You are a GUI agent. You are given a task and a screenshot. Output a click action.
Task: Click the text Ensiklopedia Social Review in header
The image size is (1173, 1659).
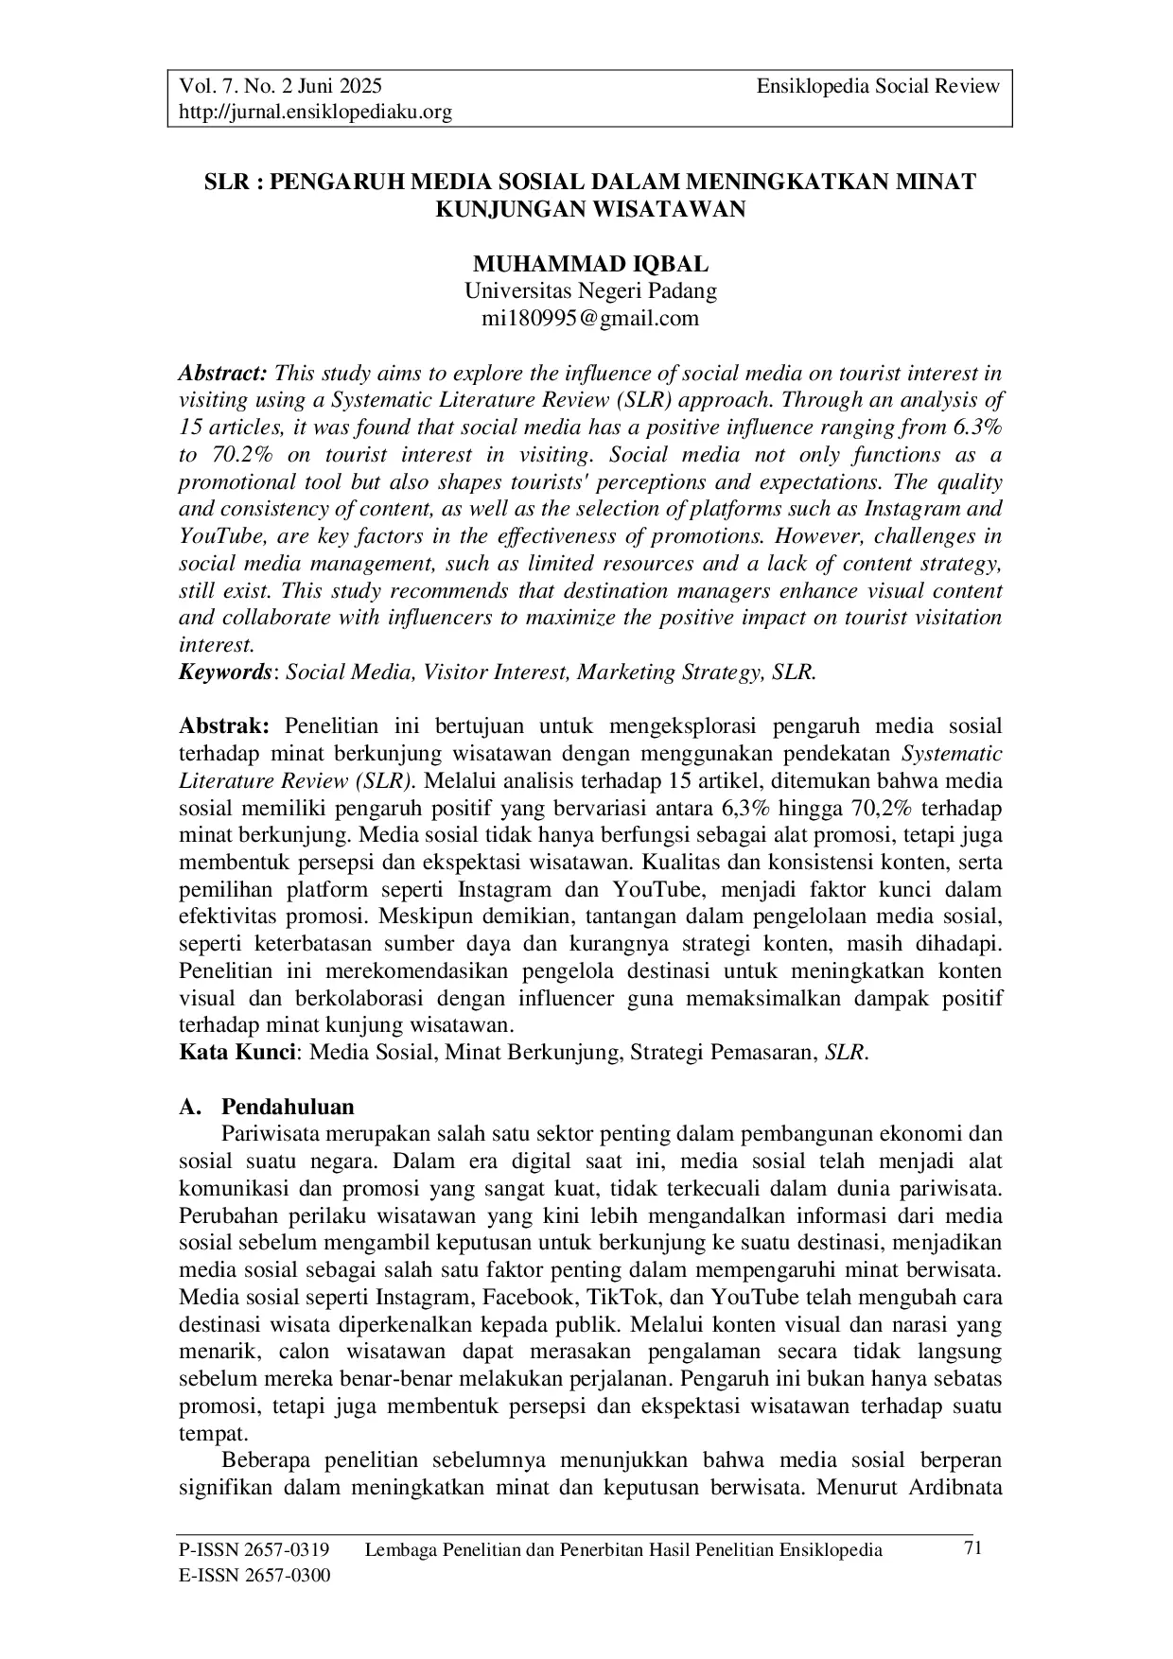[x=877, y=87]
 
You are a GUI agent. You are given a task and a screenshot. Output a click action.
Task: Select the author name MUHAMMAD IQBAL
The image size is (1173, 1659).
[x=590, y=264]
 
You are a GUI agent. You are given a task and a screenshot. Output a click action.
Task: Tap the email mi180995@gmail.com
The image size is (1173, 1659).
[x=590, y=318]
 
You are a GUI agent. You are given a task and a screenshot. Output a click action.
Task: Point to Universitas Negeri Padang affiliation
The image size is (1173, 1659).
[x=590, y=291]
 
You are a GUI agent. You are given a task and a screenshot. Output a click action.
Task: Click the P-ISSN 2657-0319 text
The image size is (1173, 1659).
[x=254, y=1549]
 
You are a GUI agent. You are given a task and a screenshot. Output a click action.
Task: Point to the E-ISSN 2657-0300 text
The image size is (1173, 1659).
[x=254, y=1576]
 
